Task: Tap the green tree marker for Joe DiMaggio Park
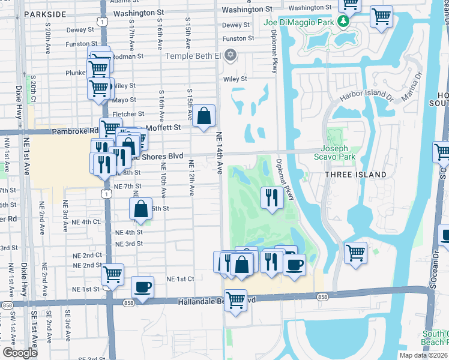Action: pos(343,22)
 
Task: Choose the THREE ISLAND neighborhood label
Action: pos(355,174)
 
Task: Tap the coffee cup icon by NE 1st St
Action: pos(142,286)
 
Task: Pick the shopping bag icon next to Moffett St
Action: pos(204,115)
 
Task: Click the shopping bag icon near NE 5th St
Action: pos(140,209)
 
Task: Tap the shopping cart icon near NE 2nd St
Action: pos(112,274)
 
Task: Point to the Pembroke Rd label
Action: pos(75,131)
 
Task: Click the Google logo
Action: pos(20,353)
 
